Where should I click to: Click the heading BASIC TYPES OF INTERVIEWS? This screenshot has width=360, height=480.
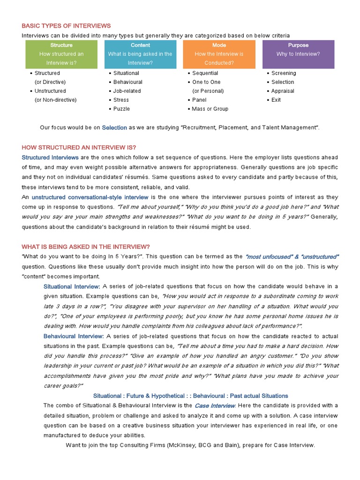[x=66, y=25]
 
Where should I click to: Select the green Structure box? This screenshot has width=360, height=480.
[x=61, y=54]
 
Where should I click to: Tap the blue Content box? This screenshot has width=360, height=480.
[x=140, y=54]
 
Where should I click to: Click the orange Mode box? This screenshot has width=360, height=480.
[x=219, y=54]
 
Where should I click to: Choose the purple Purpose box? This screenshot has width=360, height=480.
[x=298, y=54]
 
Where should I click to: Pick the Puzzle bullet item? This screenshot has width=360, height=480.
[x=121, y=109]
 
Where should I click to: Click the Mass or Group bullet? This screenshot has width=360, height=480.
[x=210, y=109]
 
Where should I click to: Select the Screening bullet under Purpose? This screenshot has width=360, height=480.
[x=284, y=73]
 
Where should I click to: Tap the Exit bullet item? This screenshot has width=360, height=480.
[x=276, y=100]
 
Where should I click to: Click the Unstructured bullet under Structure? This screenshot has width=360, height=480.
[x=50, y=91]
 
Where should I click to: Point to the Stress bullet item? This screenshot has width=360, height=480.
[x=121, y=100]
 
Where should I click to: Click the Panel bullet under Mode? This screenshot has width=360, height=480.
[x=199, y=100]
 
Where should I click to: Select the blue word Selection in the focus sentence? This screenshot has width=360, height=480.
[x=114, y=127]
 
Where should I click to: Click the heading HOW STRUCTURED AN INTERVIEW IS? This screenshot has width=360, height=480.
[x=79, y=147]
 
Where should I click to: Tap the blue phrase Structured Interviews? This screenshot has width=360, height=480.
[x=50, y=157]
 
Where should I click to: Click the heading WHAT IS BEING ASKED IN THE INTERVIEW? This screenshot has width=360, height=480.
[x=86, y=247]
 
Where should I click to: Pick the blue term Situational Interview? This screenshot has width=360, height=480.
[x=72, y=286]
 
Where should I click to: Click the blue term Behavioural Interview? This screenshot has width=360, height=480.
[x=74, y=336]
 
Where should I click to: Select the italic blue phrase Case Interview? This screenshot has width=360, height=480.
[x=215, y=405]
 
